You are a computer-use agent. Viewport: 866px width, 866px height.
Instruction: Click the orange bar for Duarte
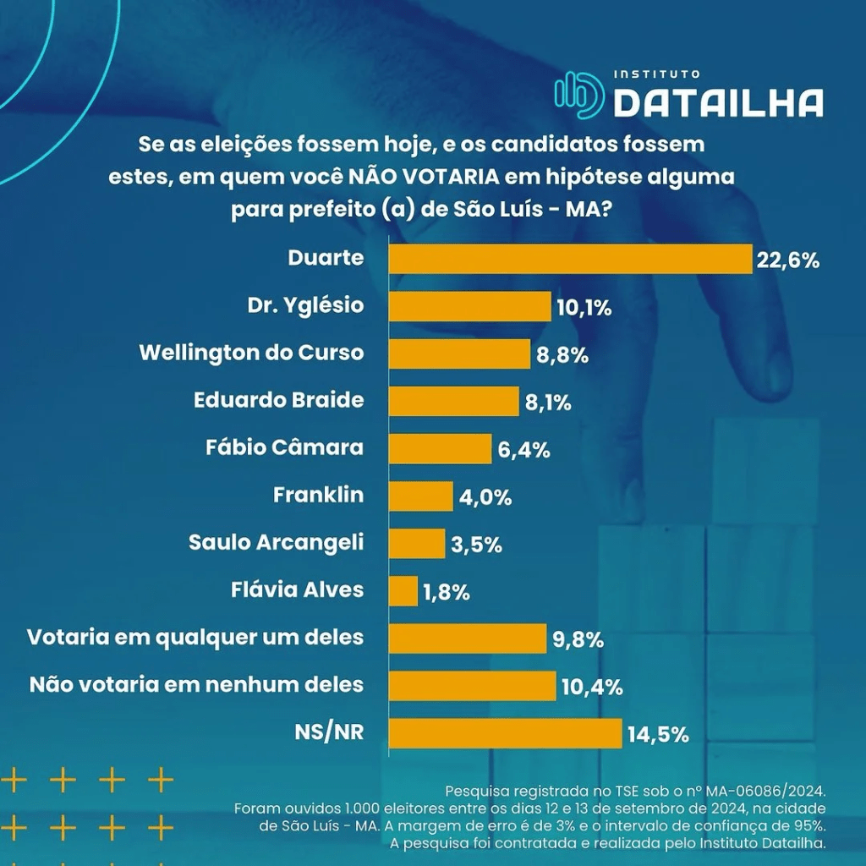[x=570, y=259]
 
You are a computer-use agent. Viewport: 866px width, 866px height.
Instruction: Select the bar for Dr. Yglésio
[x=469, y=306]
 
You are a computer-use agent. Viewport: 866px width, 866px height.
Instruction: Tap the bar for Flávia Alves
[x=403, y=591]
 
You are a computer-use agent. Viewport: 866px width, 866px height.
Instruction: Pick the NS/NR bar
[x=505, y=733]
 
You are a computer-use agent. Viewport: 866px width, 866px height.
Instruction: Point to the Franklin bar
[x=421, y=496]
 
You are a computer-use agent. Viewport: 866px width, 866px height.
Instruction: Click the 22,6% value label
[x=788, y=260]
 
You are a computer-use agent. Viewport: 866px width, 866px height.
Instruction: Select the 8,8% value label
[x=562, y=355]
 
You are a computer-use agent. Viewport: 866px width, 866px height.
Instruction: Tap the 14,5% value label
[x=658, y=734]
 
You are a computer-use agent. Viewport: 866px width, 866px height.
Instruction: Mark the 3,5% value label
[x=476, y=545]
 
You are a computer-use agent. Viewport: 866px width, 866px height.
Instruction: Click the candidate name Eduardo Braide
[x=279, y=400]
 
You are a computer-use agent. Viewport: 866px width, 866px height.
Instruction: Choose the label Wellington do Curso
[x=251, y=353]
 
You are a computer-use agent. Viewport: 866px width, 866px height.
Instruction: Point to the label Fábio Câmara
[x=284, y=447]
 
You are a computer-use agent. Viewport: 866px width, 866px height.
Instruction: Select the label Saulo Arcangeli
[x=276, y=542]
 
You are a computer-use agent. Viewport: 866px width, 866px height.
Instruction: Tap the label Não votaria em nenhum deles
[x=196, y=684]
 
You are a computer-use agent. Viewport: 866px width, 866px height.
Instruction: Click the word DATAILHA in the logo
[x=718, y=103]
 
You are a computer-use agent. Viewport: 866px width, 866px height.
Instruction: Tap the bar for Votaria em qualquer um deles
[x=468, y=639]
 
